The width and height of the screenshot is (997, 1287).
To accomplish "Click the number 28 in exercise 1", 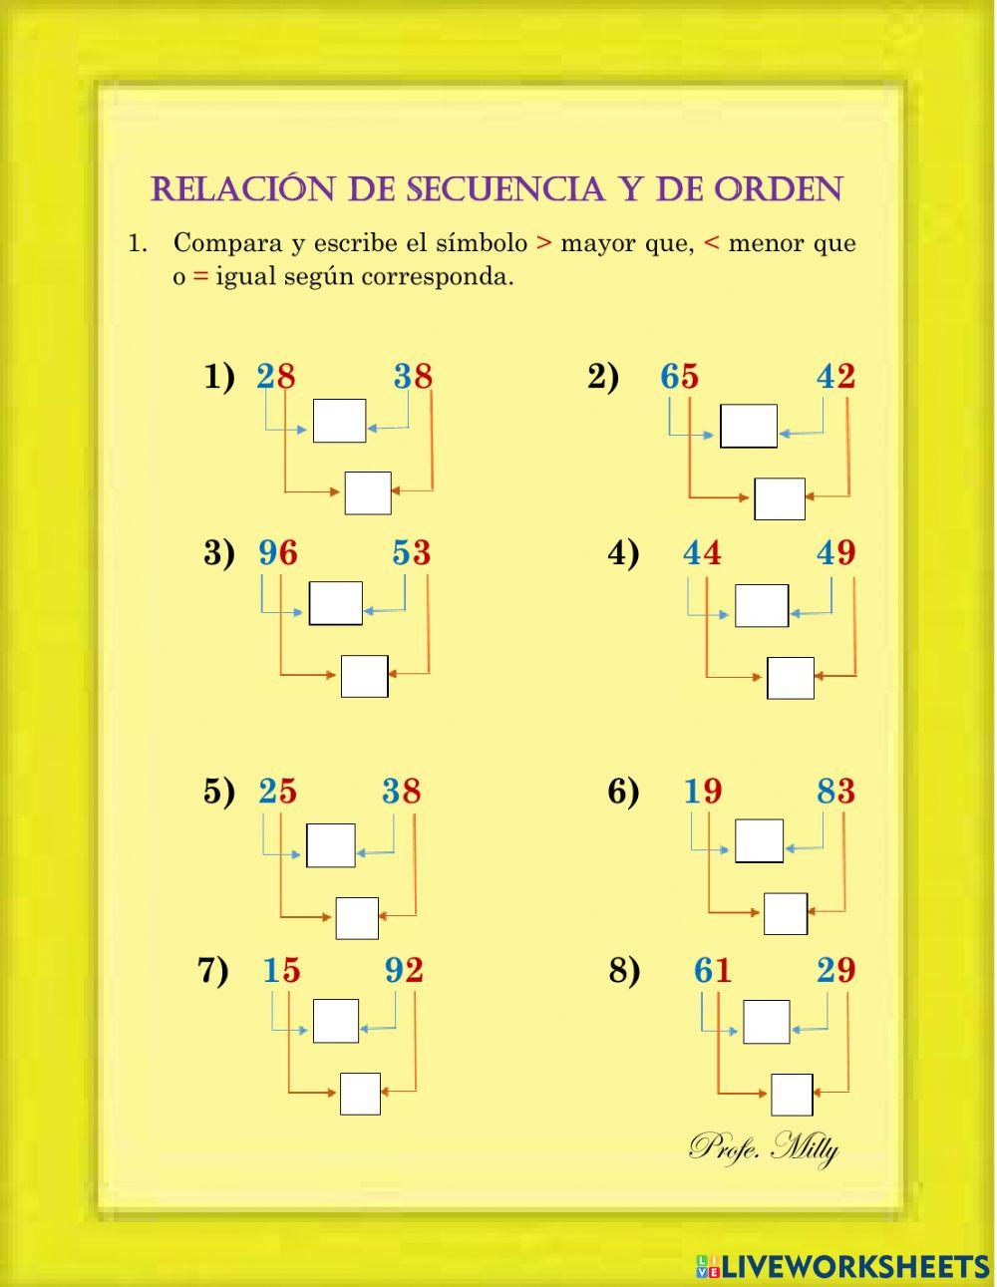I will (x=276, y=377).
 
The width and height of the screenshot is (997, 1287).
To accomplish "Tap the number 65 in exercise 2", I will (x=679, y=377).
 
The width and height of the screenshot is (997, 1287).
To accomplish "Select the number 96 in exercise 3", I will (x=277, y=552).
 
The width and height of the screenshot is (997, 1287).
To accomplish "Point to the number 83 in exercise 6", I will (x=835, y=792).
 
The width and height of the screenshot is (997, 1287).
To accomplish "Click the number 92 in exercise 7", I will (x=404, y=970).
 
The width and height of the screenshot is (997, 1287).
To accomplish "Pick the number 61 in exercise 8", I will (x=713, y=970).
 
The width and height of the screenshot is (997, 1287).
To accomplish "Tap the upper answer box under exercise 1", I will (x=339, y=421).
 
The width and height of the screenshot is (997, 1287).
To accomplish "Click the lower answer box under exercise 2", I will (x=780, y=498).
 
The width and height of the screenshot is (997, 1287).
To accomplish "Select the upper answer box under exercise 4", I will (x=762, y=605).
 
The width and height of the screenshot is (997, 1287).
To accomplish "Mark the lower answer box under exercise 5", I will (x=357, y=918).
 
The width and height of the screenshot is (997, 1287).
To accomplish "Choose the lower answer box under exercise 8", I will (x=792, y=1095).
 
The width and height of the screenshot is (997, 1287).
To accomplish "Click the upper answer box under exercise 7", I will (x=335, y=1021).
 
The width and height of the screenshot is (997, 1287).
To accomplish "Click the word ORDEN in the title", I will (x=779, y=188).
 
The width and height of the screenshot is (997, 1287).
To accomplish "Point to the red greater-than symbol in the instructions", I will (x=543, y=243).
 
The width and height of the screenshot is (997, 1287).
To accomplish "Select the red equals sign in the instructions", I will (x=200, y=277).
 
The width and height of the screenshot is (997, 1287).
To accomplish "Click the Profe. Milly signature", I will (x=764, y=1147).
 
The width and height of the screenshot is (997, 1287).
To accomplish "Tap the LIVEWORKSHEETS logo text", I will (x=854, y=1267).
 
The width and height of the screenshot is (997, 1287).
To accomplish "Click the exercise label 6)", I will (x=623, y=792).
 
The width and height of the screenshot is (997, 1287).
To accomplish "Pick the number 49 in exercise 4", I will (x=835, y=552).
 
